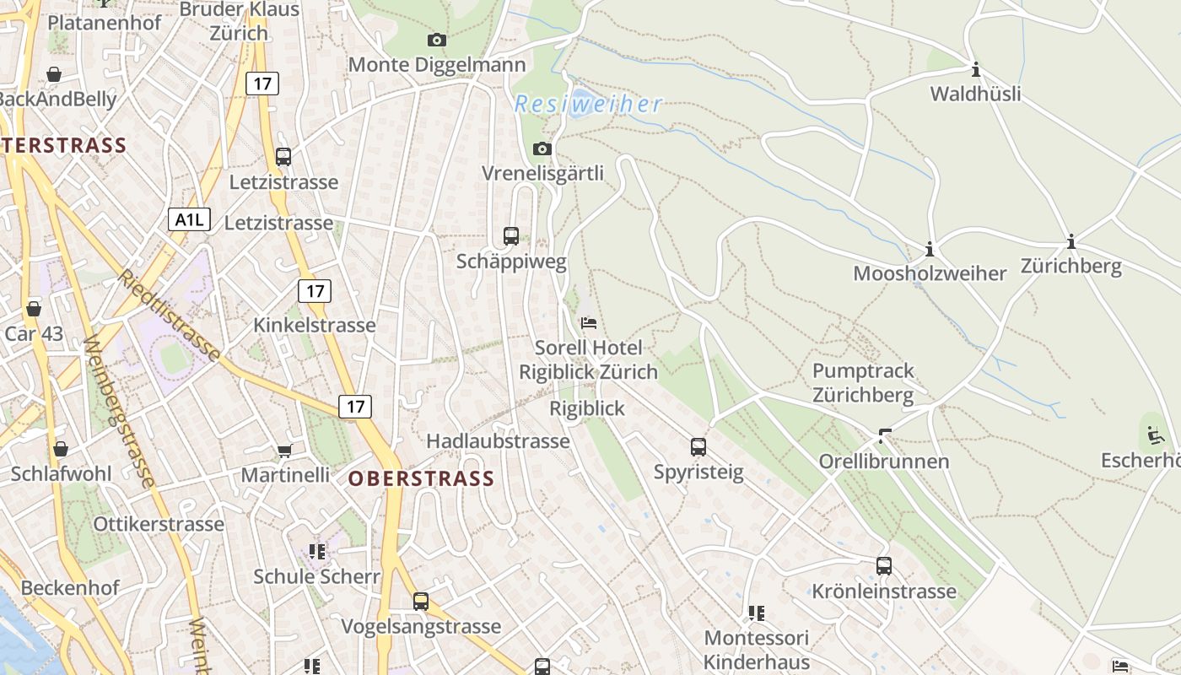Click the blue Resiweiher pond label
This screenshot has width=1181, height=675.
588,105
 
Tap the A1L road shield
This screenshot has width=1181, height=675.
189,220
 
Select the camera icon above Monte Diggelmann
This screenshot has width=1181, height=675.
437,40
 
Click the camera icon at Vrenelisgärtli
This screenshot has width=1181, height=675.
542,149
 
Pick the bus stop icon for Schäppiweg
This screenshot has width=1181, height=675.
511,236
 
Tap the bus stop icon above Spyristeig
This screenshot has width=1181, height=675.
698,447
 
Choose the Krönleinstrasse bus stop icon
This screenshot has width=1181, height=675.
884,566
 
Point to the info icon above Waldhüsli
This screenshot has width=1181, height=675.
976,69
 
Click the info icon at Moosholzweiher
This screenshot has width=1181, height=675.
930,250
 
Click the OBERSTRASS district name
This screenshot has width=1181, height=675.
421,479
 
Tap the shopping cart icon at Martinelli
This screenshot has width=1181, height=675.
284,451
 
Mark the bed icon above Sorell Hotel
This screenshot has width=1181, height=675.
589,323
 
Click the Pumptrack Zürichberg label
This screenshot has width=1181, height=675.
863,383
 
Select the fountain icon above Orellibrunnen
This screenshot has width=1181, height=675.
885,436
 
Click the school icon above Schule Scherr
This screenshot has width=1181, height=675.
317,552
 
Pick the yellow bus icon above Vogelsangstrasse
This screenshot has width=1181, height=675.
421,602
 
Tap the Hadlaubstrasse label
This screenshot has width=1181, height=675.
498,441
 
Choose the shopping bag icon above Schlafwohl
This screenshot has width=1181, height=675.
61,448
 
